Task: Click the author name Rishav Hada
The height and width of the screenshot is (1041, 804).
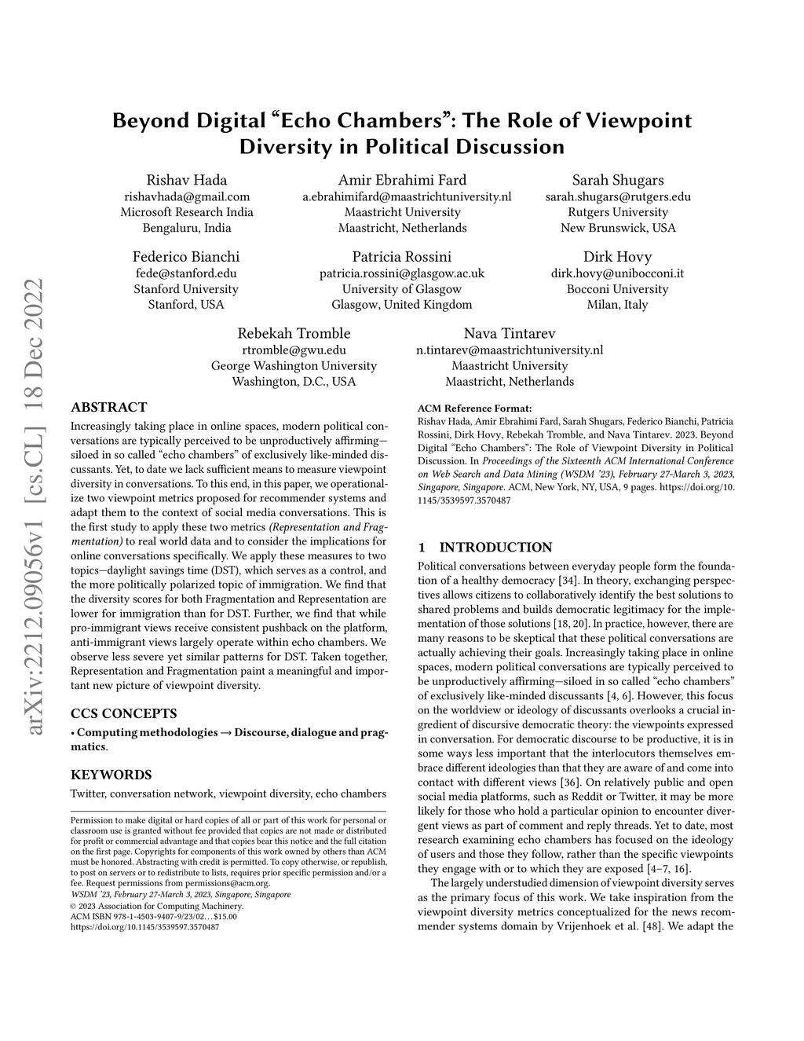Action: pos(186,180)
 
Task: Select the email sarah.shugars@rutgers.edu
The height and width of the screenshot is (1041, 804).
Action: pos(618,196)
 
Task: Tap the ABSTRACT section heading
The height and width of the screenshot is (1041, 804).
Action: pos(108,407)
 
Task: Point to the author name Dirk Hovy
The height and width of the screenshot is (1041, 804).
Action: pos(617,257)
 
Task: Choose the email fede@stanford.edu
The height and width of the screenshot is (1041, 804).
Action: pos(186,273)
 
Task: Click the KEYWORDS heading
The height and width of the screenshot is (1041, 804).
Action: pos(111,775)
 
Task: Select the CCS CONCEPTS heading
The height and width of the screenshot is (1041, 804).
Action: pos(123,713)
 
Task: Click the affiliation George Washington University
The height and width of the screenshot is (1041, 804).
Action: pos(294,366)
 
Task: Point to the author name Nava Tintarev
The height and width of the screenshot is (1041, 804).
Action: pos(510,333)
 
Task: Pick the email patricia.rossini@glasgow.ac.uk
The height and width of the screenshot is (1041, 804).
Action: pos(402,273)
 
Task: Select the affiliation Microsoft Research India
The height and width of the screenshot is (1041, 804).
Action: pos(186,212)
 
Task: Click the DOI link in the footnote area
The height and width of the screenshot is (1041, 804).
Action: pos(144,927)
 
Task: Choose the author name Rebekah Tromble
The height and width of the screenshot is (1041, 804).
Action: pos(294,333)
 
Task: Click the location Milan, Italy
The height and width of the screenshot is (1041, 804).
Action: pos(617,305)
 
